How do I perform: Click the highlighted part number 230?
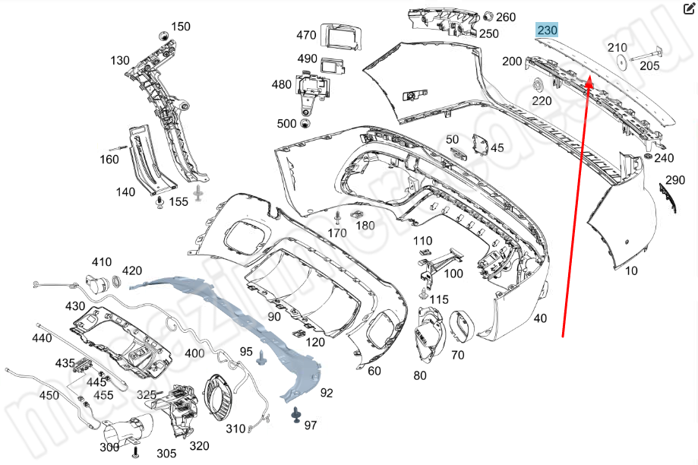(x=547, y=30)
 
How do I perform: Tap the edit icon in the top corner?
(x=689, y=9)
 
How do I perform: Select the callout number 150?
(x=181, y=27)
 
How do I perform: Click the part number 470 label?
(x=306, y=35)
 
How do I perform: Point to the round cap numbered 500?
(x=306, y=124)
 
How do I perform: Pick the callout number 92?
(x=327, y=393)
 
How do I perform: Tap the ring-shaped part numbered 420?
(x=117, y=283)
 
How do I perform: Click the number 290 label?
(x=675, y=180)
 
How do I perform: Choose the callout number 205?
(x=649, y=66)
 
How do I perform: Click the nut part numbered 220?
(x=538, y=84)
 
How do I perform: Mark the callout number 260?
(x=506, y=17)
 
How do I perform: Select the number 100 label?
(x=453, y=274)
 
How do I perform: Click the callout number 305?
(x=166, y=454)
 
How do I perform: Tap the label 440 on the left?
(x=42, y=338)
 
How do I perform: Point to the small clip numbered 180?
(x=355, y=214)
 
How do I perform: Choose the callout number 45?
(x=497, y=148)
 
